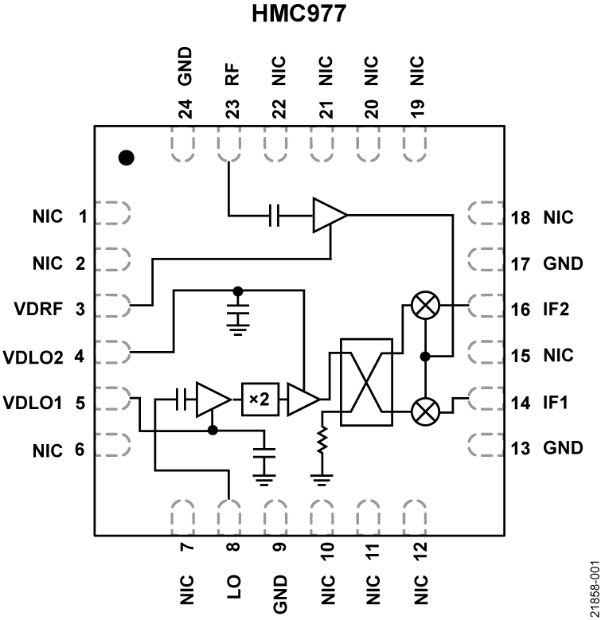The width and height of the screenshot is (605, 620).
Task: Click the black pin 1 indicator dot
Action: [125, 158]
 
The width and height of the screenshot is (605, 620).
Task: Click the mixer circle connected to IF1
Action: [426, 410]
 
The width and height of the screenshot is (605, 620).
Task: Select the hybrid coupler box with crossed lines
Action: [367, 382]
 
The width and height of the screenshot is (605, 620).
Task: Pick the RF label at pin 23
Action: [232, 76]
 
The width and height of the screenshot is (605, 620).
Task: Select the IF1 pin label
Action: [556, 403]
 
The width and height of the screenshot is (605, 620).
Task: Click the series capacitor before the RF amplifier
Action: [275, 215]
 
